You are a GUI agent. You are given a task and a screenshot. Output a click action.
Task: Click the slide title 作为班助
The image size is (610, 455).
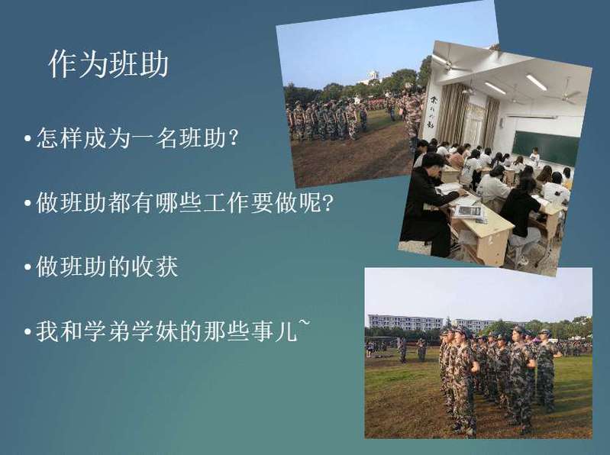(x=108, y=64)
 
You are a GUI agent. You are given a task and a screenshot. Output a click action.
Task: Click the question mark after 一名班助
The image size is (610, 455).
(x=233, y=137)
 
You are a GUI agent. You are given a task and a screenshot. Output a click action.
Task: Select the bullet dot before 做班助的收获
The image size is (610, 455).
(x=27, y=267)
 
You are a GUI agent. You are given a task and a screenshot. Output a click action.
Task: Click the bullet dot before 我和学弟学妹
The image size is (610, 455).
(x=27, y=332)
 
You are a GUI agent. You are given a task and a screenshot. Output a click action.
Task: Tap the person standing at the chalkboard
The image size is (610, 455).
(x=535, y=155)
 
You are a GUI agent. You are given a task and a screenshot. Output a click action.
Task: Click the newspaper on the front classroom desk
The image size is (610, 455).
(x=468, y=212)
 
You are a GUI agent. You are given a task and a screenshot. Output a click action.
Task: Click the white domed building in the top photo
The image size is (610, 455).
(x=373, y=76)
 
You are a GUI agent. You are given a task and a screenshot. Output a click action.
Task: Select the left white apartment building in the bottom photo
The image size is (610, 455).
(x=405, y=322)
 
